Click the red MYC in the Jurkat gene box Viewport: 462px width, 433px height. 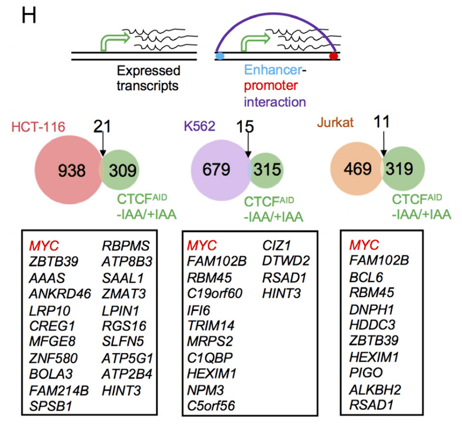pos(364,245)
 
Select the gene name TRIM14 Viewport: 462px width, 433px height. pos(212,325)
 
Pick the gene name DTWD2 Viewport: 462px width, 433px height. pos(285,261)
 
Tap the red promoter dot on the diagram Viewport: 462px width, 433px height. pos(334,56)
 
